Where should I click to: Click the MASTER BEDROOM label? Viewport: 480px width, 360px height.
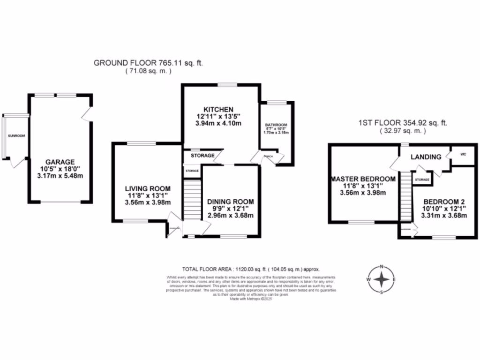[x=364, y=179]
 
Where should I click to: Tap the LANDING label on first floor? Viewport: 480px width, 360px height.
[x=426, y=157]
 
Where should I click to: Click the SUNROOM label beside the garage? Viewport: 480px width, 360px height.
[x=16, y=136]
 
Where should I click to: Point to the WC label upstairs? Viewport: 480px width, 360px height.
[x=464, y=154]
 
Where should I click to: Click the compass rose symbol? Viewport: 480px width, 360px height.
[x=382, y=280]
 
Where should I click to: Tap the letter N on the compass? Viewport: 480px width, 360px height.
[x=382, y=267]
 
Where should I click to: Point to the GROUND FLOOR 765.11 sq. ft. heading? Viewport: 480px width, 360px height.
[x=149, y=63]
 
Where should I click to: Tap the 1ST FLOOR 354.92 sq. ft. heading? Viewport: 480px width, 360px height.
[x=403, y=123]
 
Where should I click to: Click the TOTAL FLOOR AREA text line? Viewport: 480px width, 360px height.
[x=251, y=269]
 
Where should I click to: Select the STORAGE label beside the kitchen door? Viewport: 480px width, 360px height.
[x=202, y=156]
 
